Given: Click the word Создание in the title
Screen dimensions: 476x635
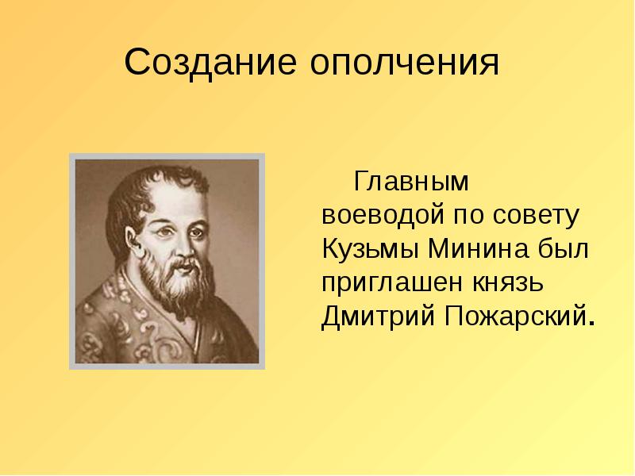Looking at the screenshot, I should tap(210, 62).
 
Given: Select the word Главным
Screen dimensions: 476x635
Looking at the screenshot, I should tap(412, 182).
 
